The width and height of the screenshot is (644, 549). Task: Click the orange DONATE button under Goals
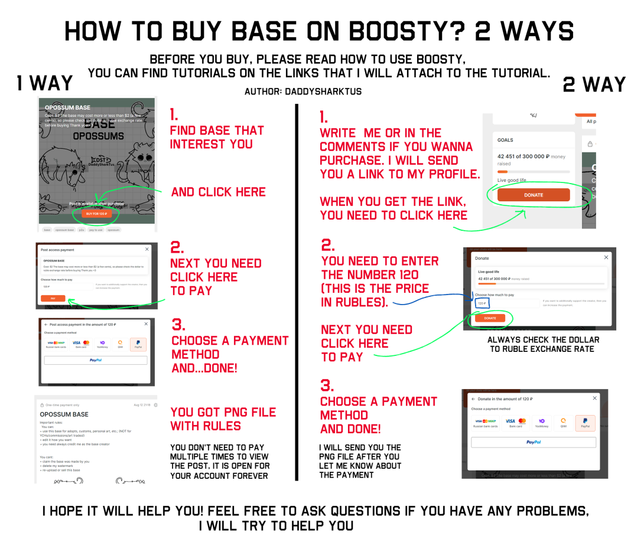(x=534, y=195)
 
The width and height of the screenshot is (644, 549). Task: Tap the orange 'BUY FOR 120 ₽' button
(x=96, y=214)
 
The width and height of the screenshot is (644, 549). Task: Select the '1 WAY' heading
(x=45, y=84)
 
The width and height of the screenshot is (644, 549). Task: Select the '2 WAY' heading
(x=594, y=84)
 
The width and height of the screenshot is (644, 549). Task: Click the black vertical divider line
(x=296, y=295)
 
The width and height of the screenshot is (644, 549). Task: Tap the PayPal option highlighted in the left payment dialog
(x=138, y=344)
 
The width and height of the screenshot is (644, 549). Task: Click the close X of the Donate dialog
(x=606, y=257)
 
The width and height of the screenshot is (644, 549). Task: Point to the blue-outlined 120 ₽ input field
(x=482, y=303)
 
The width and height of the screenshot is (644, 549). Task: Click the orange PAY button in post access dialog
(x=53, y=299)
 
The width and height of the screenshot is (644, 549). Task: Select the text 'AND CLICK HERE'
(x=218, y=192)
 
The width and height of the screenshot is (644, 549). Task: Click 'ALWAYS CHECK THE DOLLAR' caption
(x=543, y=340)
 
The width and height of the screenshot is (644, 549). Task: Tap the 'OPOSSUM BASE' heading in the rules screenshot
(x=64, y=414)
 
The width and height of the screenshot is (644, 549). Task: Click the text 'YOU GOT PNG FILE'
(x=223, y=412)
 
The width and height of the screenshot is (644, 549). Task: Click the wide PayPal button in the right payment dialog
(x=533, y=442)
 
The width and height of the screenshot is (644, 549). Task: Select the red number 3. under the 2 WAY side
(x=327, y=385)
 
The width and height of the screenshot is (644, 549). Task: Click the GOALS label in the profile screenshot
(x=505, y=140)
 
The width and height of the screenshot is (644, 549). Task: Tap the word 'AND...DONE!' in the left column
(x=204, y=368)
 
